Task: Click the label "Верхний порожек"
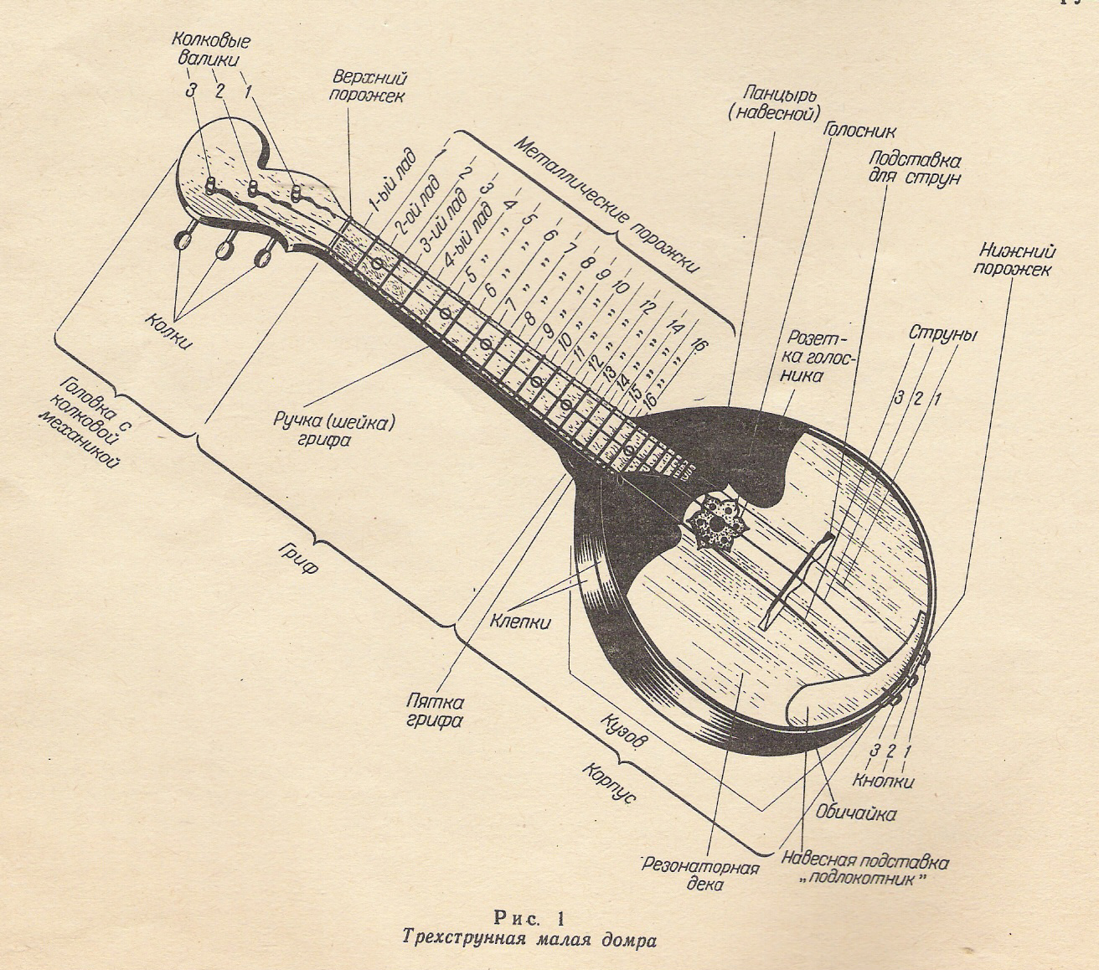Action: [x=369, y=85]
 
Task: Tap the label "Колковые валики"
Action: [x=213, y=49]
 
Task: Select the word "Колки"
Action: [x=170, y=329]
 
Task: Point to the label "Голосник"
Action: [x=859, y=131]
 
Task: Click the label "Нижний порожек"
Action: [x=1015, y=260]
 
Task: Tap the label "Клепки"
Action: [x=519, y=622]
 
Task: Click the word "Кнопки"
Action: [x=883, y=782]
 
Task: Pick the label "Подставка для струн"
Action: [x=914, y=168]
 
